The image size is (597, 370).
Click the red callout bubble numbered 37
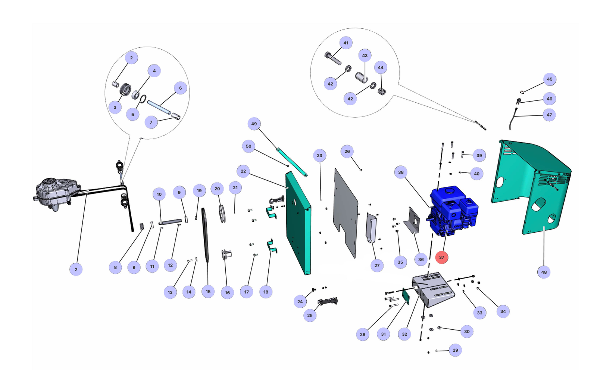point(441,257)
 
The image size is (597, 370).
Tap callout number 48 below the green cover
point(544,272)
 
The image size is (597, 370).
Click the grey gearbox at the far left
point(56,193)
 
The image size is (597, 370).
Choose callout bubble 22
point(243,171)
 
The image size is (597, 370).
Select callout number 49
point(254,124)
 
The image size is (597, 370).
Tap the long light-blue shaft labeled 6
point(159,108)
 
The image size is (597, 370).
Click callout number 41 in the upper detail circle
point(346,43)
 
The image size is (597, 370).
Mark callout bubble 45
point(549,79)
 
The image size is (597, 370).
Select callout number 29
point(455,350)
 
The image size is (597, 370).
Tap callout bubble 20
point(217,189)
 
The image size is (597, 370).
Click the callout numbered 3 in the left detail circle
point(115,108)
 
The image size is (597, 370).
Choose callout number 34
point(503,311)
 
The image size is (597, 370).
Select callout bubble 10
point(159,194)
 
